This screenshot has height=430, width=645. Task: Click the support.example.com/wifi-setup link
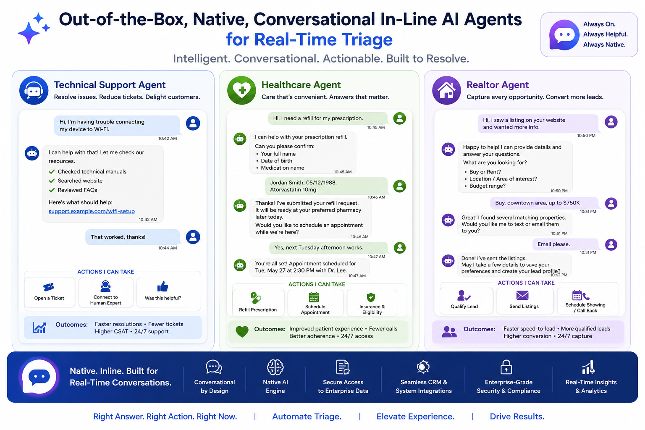92,211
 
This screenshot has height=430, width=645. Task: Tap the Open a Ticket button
50,292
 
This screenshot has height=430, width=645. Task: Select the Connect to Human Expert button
106,292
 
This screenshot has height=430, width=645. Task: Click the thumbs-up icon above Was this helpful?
163,286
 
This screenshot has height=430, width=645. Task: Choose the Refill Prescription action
258,302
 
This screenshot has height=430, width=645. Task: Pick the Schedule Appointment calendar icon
314,297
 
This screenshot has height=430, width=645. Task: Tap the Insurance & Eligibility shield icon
371,297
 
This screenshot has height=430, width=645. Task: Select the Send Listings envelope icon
522,295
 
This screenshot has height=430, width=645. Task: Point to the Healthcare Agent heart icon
241,90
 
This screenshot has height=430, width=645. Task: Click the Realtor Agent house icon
447,90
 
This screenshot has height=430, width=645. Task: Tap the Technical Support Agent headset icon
34,90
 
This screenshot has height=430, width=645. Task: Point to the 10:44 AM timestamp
168,248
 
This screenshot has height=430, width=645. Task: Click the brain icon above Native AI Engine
275,367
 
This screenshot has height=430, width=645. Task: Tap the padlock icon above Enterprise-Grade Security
506,367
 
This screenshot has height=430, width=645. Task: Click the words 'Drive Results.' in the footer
517,417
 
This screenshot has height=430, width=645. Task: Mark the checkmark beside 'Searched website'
52,181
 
